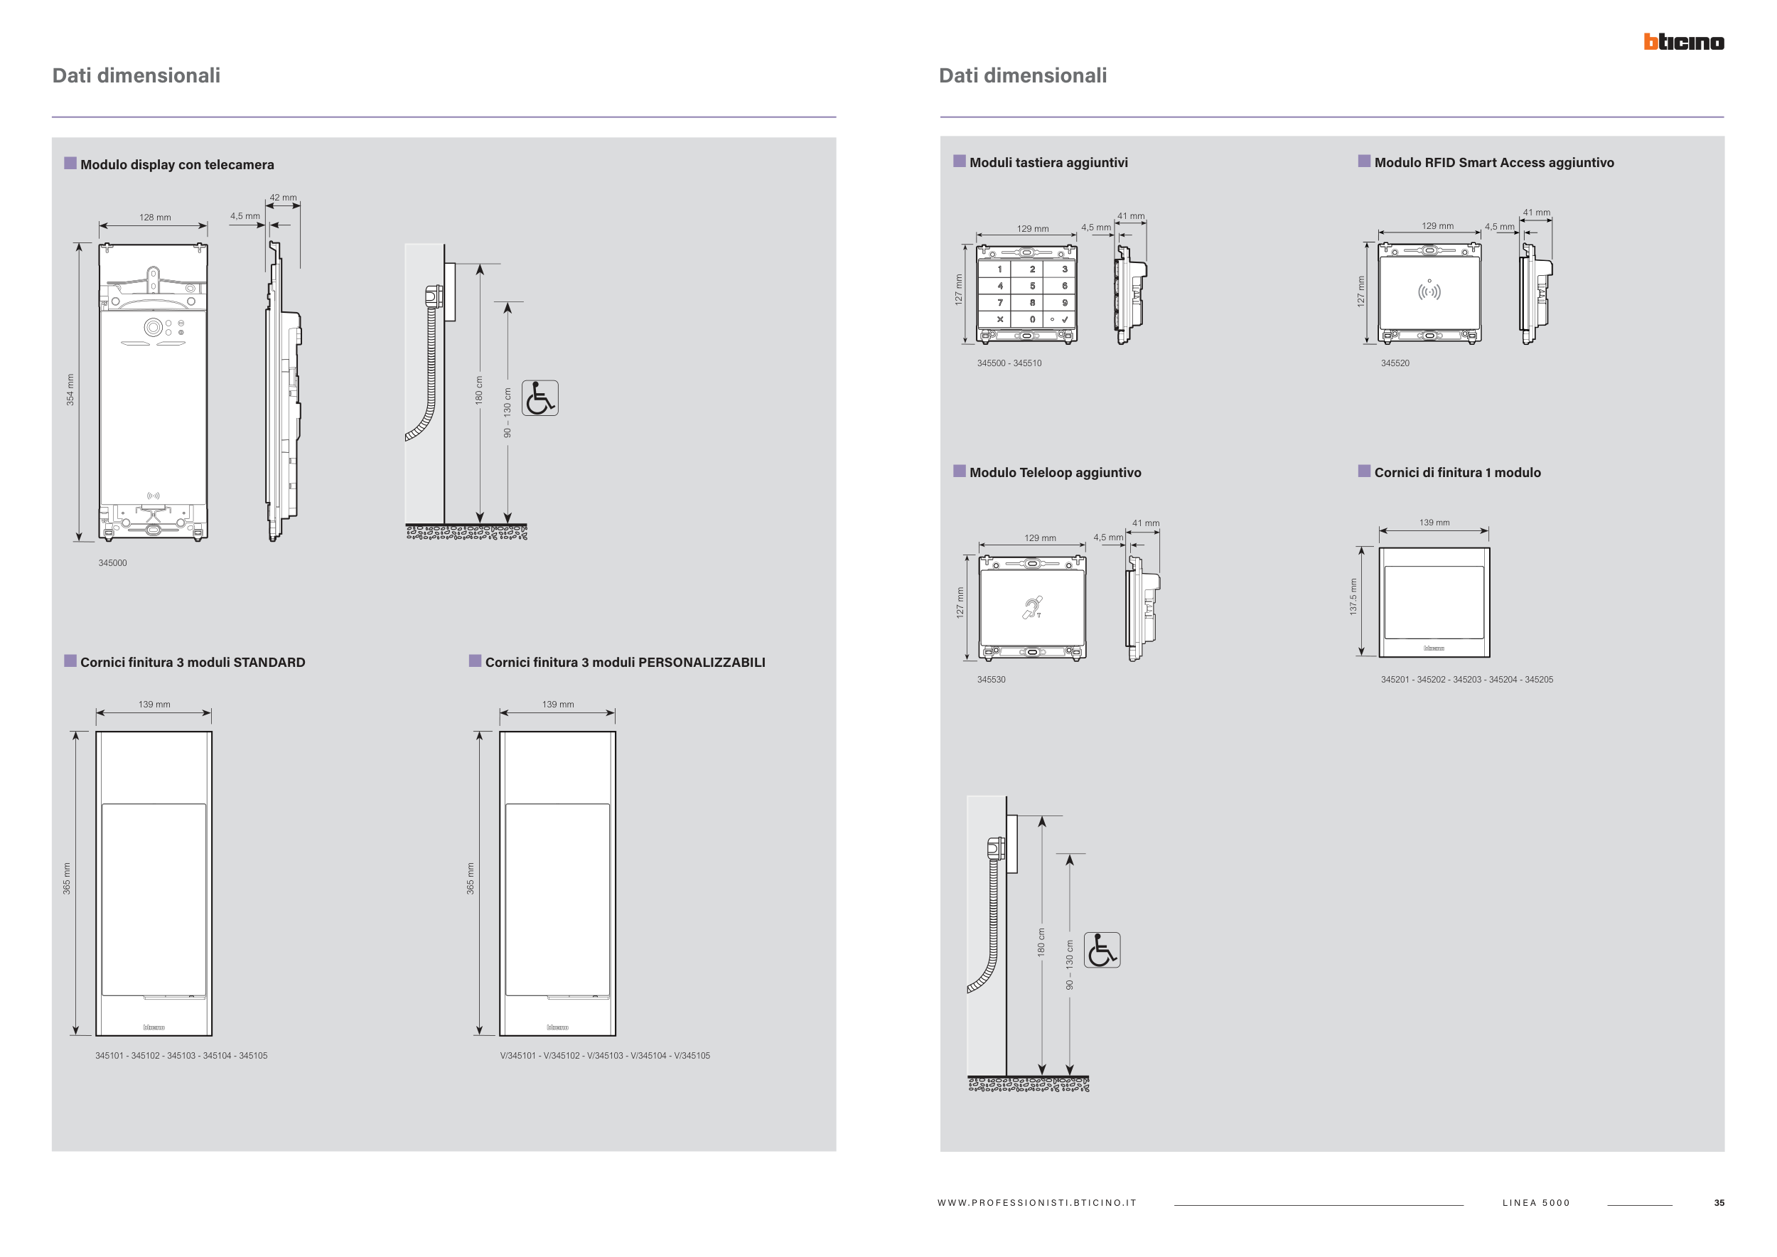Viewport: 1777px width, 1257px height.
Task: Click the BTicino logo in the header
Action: [1683, 42]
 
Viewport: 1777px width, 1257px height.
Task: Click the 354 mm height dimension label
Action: [70, 390]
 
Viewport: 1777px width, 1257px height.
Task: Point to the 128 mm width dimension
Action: [155, 218]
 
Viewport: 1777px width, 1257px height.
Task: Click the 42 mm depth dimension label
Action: [284, 198]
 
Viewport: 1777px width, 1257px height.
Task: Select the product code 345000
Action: [112, 562]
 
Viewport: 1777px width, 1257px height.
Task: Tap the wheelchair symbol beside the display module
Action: [539, 398]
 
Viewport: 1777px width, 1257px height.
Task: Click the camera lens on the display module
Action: [154, 328]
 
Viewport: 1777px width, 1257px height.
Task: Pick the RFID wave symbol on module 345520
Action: [1429, 291]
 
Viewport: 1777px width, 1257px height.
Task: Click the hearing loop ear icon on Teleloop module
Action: [1031, 608]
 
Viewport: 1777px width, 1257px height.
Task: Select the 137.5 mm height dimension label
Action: [1353, 597]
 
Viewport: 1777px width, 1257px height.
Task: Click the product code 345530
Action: [991, 680]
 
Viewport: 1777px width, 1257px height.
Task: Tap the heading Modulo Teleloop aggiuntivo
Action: [1055, 472]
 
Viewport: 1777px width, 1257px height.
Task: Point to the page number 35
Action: [1719, 1203]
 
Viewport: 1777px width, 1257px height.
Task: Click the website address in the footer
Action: [1036, 1203]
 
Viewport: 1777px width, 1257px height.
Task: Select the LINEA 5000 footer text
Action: [1535, 1203]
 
